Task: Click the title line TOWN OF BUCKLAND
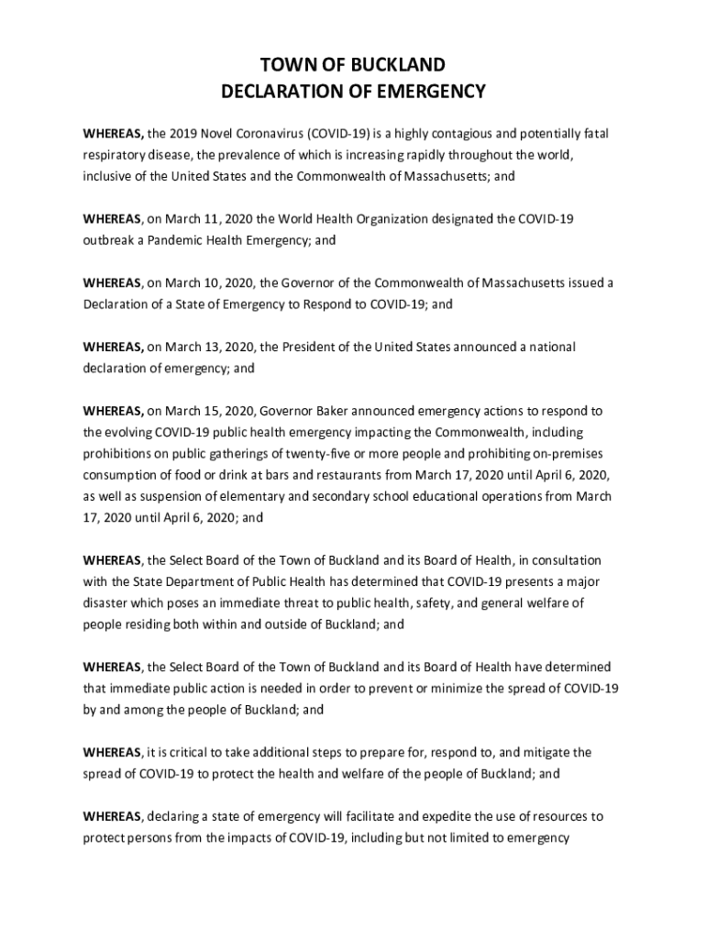[x=353, y=64]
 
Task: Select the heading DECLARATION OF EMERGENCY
[x=353, y=91]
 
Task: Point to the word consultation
[x=568, y=560]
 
